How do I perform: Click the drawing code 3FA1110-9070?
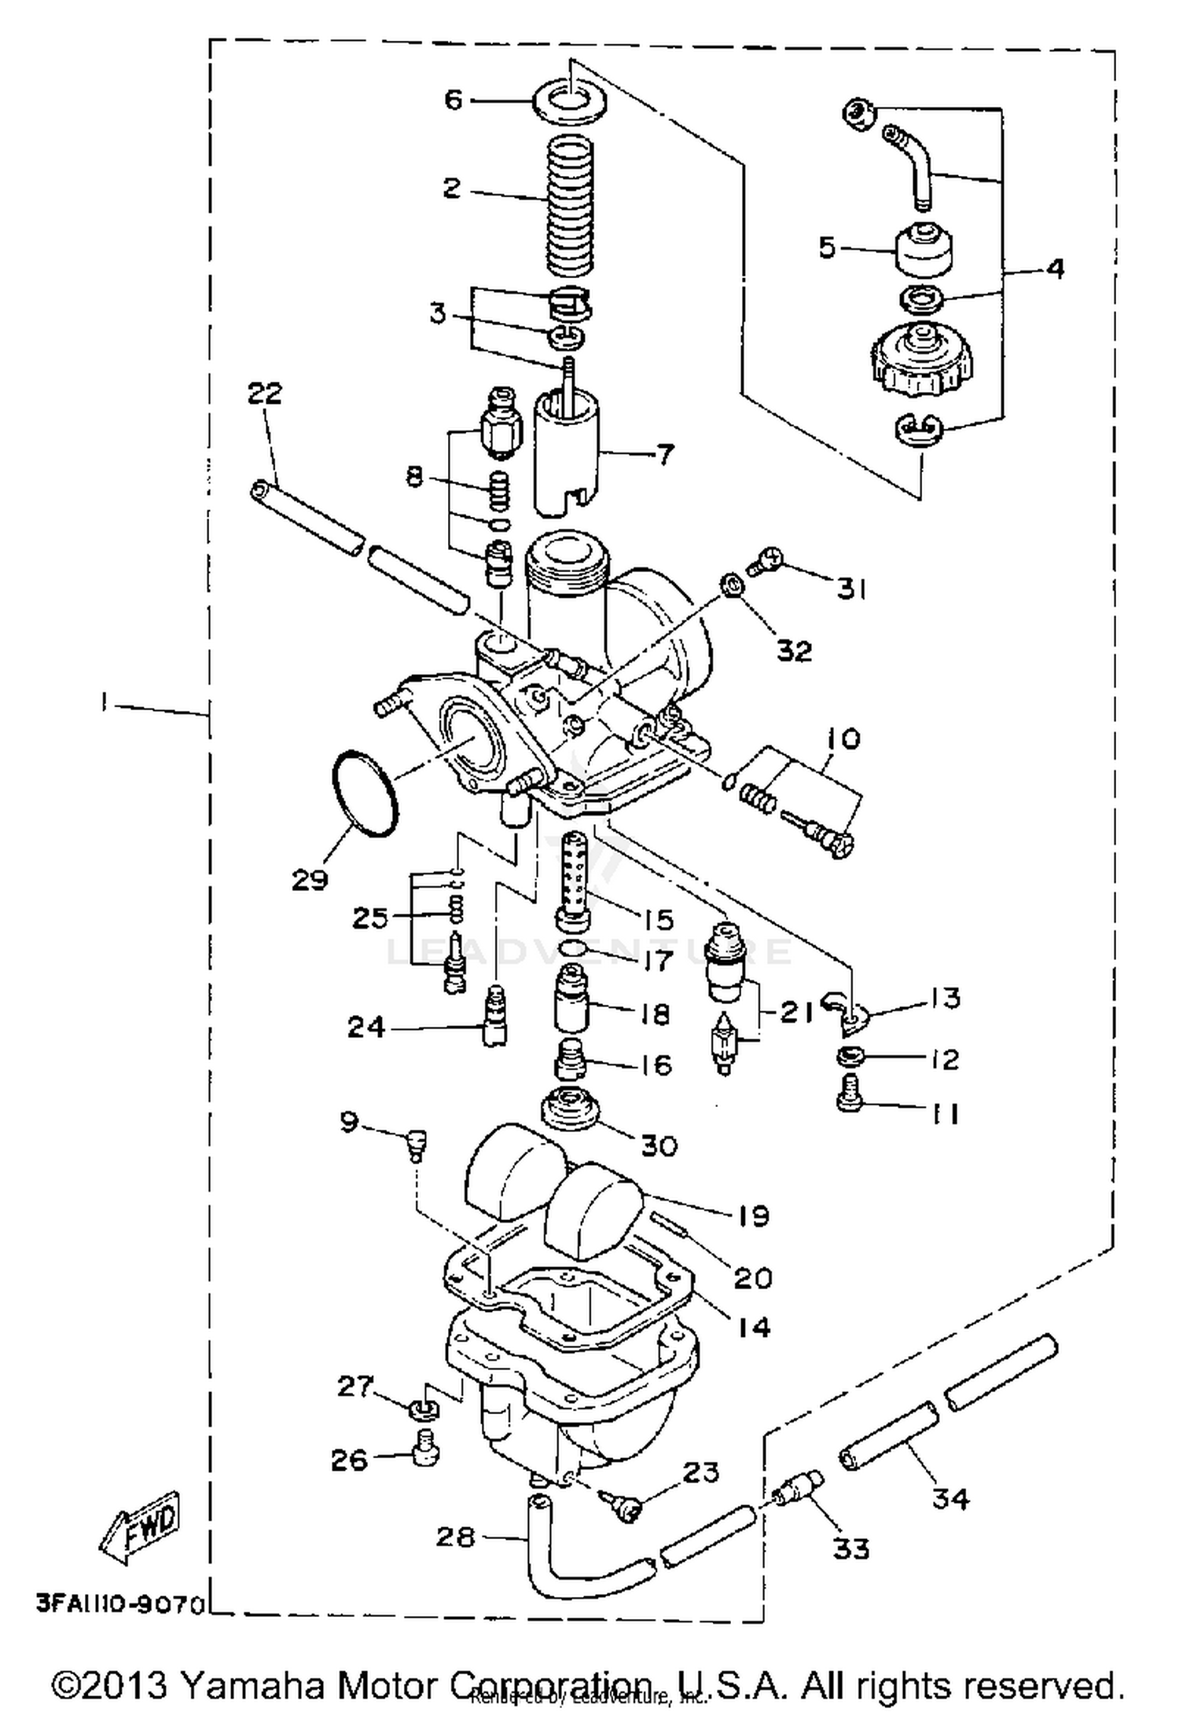pos(120,1603)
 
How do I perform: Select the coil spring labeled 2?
pos(569,206)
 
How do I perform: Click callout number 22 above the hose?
pos(265,394)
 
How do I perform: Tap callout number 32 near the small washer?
pos(794,650)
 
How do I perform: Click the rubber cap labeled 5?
pos(925,250)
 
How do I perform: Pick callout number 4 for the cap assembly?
pos(1056,269)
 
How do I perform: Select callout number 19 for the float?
pos(752,1216)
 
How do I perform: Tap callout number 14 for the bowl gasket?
pos(752,1327)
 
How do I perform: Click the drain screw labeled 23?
pos(625,1505)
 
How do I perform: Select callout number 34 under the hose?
pos(950,1498)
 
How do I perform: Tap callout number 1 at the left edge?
pos(103,702)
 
